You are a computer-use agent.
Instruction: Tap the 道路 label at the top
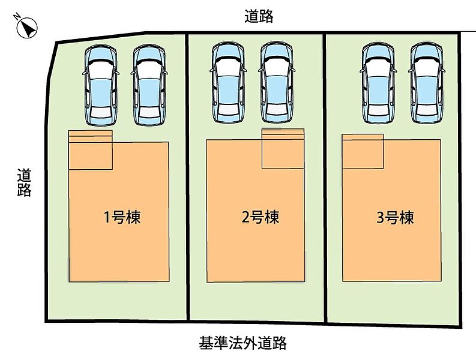pyautogui.click(x=259, y=17)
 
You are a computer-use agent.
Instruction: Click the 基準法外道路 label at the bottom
pyautogui.click(x=243, y=343)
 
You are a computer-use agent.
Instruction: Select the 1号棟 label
pyautogui.click(x=122, y=217)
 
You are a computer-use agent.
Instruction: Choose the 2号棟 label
pyautogui.click(x=260, y=217)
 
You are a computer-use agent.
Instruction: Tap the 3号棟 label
pyautogui.click(x=395, y=217)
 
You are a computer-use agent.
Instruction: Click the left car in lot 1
pyautogui.click(x=100, y=85)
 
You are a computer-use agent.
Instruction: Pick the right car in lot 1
pyautogui.click(x=148, y=85)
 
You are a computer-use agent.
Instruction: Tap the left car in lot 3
pyautogui.click(x=379, y=82)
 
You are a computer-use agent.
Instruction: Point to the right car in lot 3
pyautogui.click(x=427, y=82)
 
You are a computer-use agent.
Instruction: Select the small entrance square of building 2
pyautogui.click(x=283, y=149)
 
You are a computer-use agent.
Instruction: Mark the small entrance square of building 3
pyautogui.click(x=363, y=152)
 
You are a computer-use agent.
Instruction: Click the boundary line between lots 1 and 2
pyautogui.click(x=187, y=180)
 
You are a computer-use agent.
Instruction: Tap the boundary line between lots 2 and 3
pyautogui.click(x=325, y=180)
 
